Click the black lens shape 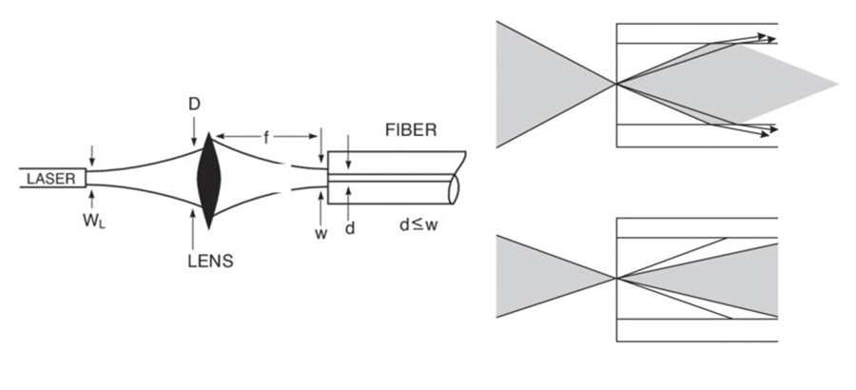tap(207, 179)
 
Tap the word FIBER tap(413, 130)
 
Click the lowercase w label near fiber tap(321, 234)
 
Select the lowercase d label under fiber tap(350, 229)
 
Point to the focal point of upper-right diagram tap(617, 84)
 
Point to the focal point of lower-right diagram tap(617, 277)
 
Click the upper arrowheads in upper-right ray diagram tap(766, 38)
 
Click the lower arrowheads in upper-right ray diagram tap(766, 129)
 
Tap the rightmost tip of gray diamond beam tap(837, 84)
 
